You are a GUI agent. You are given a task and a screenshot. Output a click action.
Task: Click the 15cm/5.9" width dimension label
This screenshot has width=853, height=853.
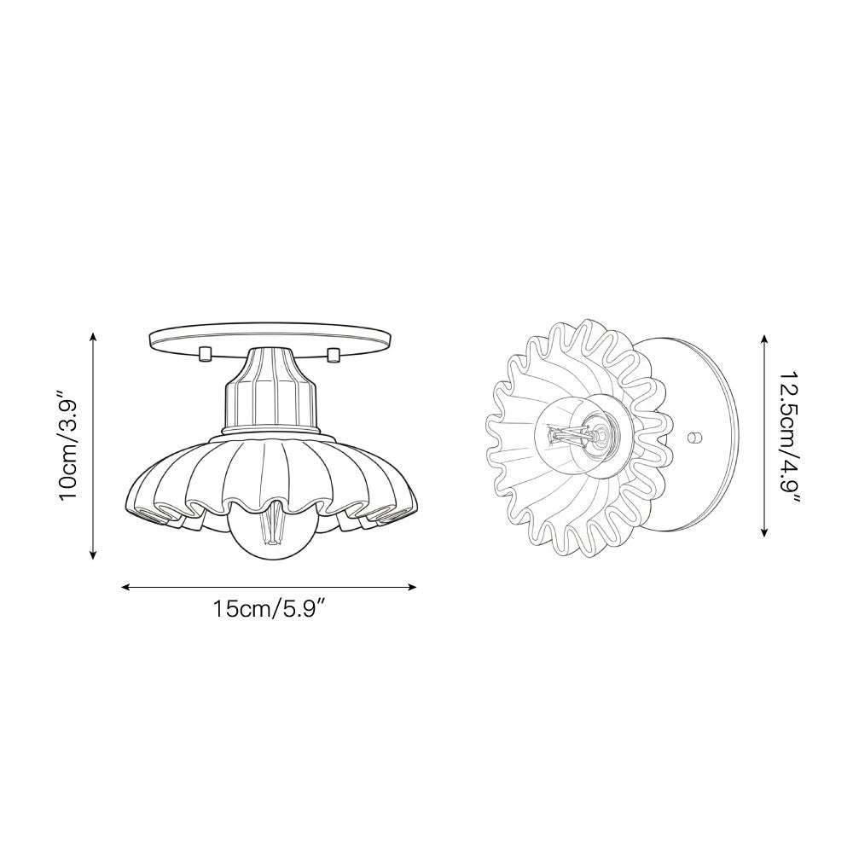pyautogui.click(x=270, y=611)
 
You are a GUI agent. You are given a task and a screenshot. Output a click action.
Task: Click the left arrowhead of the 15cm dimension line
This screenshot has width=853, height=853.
pyautogui.click(x=126, y=587)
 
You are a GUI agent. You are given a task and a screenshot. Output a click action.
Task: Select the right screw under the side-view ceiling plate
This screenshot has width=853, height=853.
pyautogui.click(x=334, y=353)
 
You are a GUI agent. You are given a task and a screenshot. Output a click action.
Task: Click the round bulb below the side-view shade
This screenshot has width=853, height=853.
pyautogui.click(x=270, y=537)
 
